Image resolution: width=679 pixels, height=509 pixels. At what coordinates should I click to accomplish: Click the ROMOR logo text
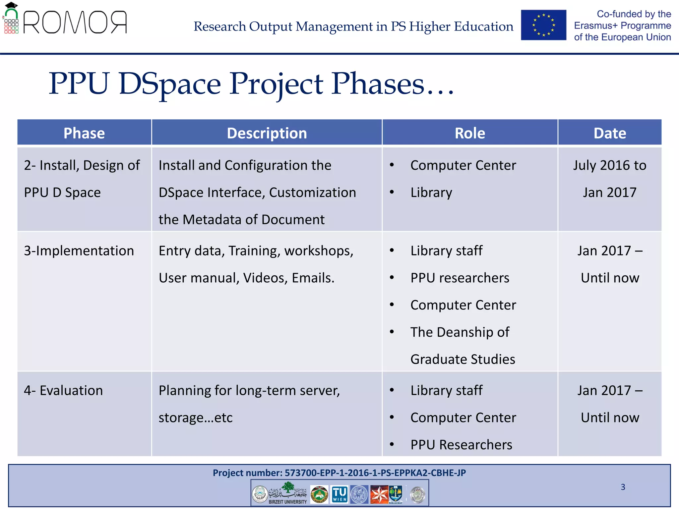click(75, 23)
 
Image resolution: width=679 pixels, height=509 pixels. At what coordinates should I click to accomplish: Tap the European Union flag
click(543, 25)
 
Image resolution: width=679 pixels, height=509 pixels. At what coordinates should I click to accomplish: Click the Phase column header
click(84, 133)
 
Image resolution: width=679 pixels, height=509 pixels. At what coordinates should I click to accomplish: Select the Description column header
click(267, 133)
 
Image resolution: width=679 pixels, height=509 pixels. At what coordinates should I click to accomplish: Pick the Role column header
click(470, 133)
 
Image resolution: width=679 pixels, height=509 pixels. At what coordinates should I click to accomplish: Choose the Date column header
click(610, 133)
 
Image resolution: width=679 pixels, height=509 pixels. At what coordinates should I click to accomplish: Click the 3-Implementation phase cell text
click(79, 251)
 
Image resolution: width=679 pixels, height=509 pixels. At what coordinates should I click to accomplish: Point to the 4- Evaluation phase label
click(63, 391)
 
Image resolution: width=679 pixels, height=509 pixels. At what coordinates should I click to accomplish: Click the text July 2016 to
click(610, 165)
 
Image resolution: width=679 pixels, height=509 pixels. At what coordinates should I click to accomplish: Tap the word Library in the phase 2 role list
click(431, 193)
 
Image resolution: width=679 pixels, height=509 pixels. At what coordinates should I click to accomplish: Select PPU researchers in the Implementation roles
click(460, 278)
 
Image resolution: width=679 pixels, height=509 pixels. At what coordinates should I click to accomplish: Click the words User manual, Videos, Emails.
click(246, 278)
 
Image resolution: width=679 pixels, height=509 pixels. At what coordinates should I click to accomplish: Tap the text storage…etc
click(195, 418)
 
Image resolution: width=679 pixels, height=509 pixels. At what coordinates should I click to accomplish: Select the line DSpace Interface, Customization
click(257, 193)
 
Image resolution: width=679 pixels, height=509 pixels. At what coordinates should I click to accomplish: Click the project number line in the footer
click(339, 473)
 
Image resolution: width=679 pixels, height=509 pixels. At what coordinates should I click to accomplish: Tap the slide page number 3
click(623, 487)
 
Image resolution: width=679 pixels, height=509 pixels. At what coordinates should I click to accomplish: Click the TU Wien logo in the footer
click(339, 494)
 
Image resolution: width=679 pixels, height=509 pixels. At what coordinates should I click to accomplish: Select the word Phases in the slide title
click(378, 84)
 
